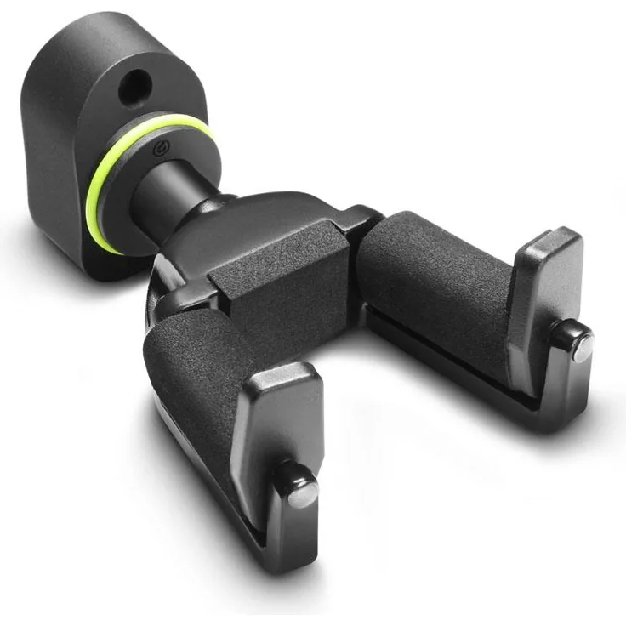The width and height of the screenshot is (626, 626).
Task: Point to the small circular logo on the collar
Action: click(158, 153)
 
